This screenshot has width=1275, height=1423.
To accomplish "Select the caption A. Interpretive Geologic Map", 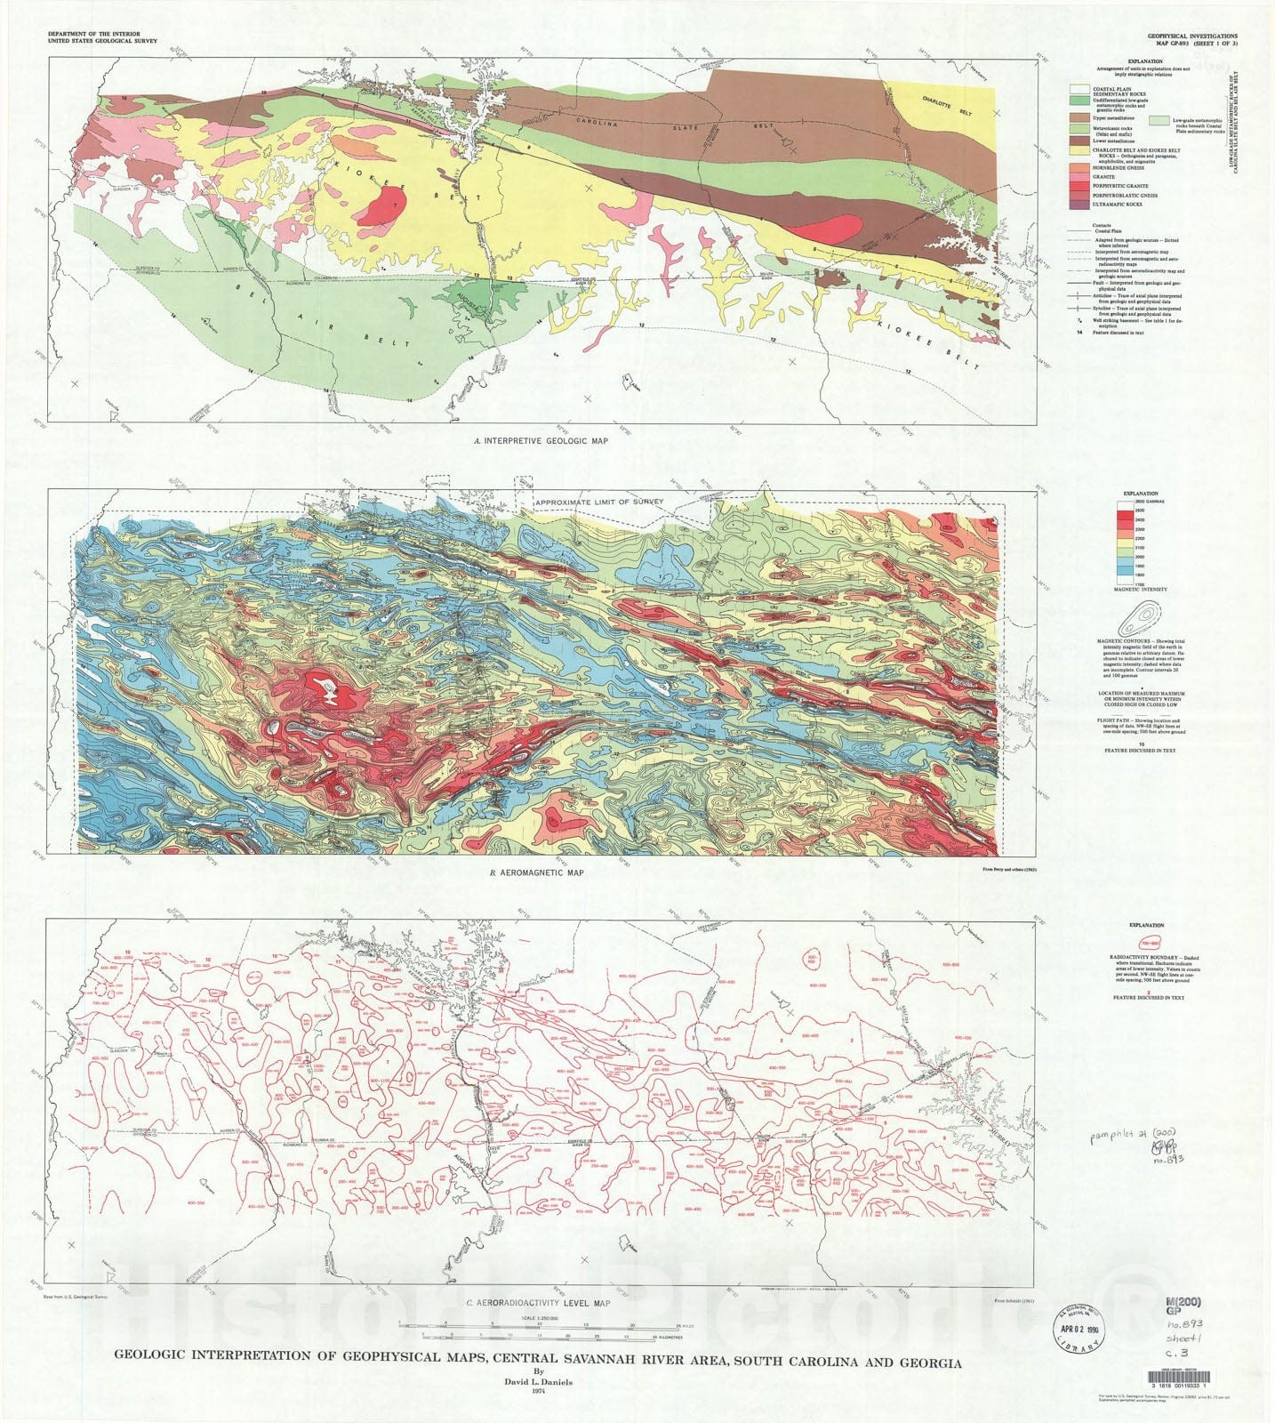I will click(541, 440).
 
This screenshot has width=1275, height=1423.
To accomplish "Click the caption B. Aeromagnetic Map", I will click(536, 872).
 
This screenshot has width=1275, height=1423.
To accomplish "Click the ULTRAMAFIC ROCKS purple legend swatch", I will click(1079, 205).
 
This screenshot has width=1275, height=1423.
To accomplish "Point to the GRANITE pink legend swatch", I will click(1079, 177).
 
